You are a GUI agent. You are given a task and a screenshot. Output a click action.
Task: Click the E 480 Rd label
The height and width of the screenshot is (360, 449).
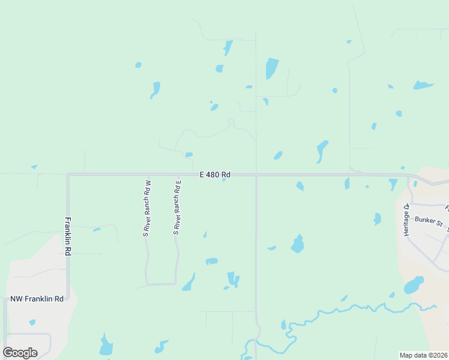tap(215, 175)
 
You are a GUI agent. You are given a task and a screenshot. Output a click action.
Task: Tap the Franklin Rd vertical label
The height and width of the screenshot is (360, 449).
tap(68, 236)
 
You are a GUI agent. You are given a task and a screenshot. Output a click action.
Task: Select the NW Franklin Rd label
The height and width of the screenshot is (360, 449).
tap(37, 299)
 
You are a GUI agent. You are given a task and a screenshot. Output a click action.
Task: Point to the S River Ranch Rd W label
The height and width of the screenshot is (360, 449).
tap(146, 208)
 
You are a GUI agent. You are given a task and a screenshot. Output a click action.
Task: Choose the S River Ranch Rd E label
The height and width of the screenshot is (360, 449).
tap(177, 205)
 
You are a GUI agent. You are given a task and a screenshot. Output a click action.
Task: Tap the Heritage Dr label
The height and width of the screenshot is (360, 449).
tap(406, 220)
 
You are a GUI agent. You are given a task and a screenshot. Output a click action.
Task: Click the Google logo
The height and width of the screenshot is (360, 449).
tap(20, 352)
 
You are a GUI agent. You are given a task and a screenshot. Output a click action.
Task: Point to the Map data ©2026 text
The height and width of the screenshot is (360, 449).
tap(423, 355)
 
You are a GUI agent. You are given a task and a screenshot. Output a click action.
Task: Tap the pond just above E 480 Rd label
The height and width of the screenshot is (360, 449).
tap(189, 155)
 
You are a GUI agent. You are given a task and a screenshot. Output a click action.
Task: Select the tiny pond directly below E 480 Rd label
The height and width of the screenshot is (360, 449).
tap(224, 179)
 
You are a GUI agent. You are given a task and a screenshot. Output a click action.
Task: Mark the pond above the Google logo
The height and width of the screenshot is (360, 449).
tap(32, 322)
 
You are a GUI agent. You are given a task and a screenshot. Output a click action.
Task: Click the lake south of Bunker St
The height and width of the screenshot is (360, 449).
tap(414, 284)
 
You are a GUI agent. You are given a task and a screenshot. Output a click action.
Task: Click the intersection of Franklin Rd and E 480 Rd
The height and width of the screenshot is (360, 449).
tap(68, 175)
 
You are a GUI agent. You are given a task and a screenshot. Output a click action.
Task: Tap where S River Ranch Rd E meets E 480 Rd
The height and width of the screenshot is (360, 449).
tap(178, 175)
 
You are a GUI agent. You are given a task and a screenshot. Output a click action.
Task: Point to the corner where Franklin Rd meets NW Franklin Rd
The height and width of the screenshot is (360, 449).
tap(68, 298)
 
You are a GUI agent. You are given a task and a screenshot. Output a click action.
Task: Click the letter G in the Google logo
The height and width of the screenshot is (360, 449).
tap(9, 352)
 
